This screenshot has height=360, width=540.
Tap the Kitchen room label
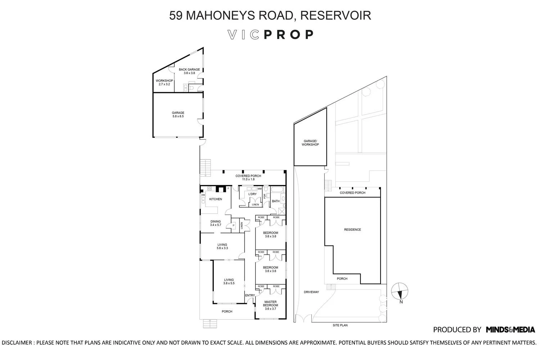(216, 199)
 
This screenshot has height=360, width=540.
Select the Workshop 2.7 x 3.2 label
(164, 82)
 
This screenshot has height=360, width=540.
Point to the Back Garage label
(189, 71)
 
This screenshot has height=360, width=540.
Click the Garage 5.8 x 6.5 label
(178, 114)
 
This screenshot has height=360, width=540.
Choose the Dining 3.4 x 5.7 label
(215, 223)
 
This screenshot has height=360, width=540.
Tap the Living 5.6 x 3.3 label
(222, 247)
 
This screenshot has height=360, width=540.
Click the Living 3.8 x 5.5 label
(229, 282)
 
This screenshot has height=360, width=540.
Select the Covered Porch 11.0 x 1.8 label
(248, 177)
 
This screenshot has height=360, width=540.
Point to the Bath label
(276, 201)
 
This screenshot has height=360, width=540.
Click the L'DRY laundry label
(252, 194)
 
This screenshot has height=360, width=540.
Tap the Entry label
(250, 296)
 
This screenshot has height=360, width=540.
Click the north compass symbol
(400, 291)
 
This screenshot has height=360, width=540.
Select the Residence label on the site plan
(352, 230)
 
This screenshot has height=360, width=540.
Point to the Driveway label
(311, 292)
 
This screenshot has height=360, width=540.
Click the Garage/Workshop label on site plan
(311, 143)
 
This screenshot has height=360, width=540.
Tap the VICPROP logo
(270, 35)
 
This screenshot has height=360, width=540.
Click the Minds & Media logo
(510, 329)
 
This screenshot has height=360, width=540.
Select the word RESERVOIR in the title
(335, 15)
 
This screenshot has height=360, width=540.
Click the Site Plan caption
(340, 325)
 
